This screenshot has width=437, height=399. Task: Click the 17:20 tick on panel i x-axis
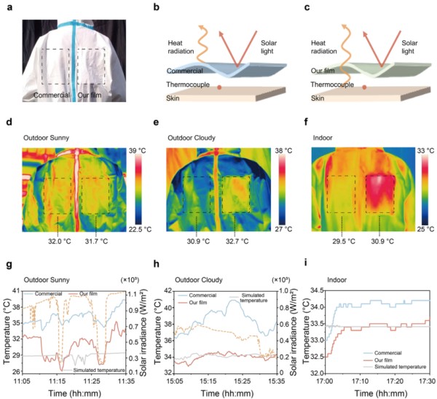pos(393,381)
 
